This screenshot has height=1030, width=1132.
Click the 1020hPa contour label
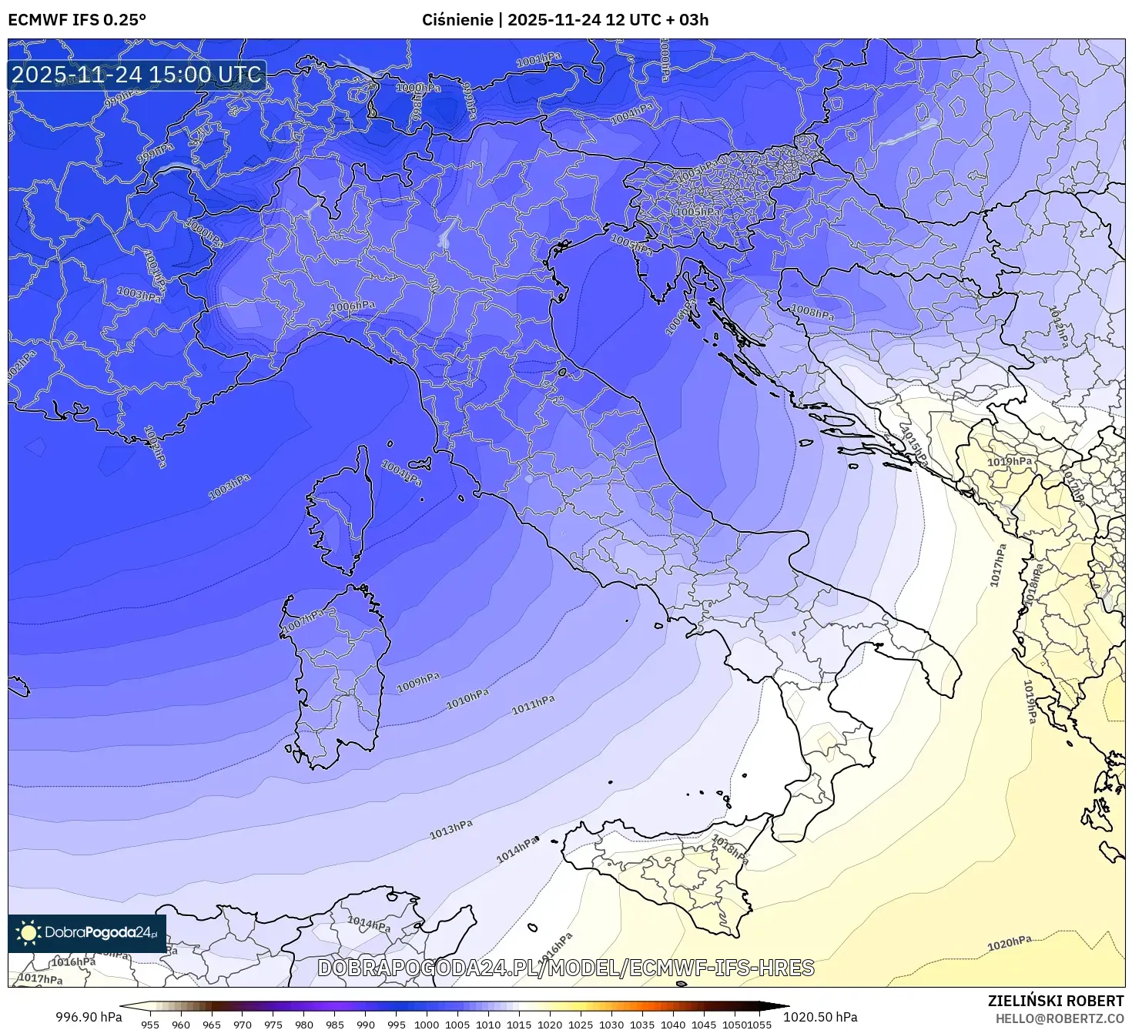[x=1009, y=943]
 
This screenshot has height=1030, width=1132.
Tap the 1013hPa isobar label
[x=450, y=829]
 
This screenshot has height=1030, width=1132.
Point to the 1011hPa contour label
[x=533, y=704]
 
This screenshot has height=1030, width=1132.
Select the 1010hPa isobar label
[x=467, y=698]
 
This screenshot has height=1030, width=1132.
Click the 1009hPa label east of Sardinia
[x=418, y=682]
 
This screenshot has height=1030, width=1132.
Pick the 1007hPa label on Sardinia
[x=304, y=620]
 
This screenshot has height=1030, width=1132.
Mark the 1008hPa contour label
[x=812, y=313]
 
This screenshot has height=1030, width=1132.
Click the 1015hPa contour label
[x=914, y=445]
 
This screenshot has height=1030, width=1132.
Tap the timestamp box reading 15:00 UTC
[x=137, y=75]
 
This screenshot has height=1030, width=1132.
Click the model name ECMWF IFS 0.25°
[x=77, y=19]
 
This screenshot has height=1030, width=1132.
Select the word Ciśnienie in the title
[x=457, y=19]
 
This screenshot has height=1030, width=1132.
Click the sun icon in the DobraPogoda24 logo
[x=28, y=933]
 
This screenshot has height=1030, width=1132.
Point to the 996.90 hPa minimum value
[x=89, y=1017]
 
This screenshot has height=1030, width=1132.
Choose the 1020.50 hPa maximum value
[x=821, y=1017]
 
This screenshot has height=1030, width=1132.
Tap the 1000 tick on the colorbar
[x=427, y=1025]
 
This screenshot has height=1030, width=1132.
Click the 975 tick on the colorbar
[x=273, y=1025]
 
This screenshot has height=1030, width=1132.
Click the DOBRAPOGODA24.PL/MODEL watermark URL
[x=566, y=968]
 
